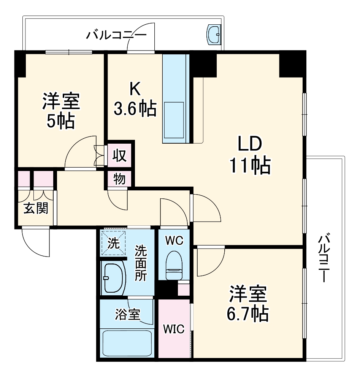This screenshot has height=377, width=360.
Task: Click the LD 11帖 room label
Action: pos(249,155)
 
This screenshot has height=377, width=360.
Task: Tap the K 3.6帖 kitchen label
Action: pos(135,100)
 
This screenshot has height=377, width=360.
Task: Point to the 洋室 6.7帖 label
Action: pos(248,303)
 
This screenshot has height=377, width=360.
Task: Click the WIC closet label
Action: pos(174,329)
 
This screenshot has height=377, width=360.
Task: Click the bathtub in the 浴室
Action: pos(128,343)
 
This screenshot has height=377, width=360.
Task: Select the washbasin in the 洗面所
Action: pos(114,278)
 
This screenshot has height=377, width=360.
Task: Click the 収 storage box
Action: pos(120,155)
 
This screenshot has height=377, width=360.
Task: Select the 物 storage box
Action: pos(120,179)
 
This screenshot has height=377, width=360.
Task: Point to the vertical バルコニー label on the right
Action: pos(324,258)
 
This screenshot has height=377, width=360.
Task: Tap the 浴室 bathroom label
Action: pos(128,314)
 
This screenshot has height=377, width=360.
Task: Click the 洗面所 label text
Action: pos(141,263)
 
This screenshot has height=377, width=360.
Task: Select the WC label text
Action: pos(174,240)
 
